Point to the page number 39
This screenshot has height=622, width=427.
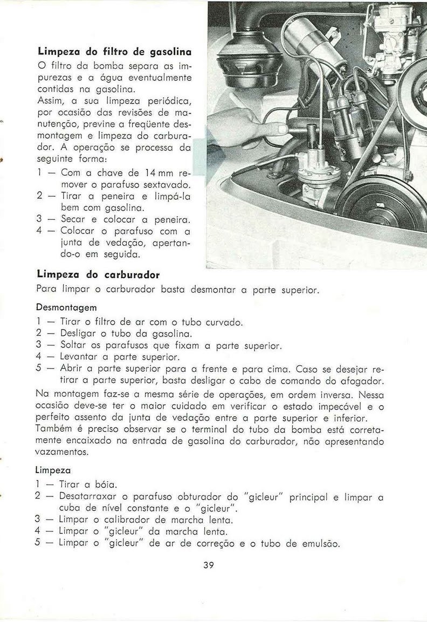(210, 565)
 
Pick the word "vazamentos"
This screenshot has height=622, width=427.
(63, 452)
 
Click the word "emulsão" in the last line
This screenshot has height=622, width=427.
(318, 543)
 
